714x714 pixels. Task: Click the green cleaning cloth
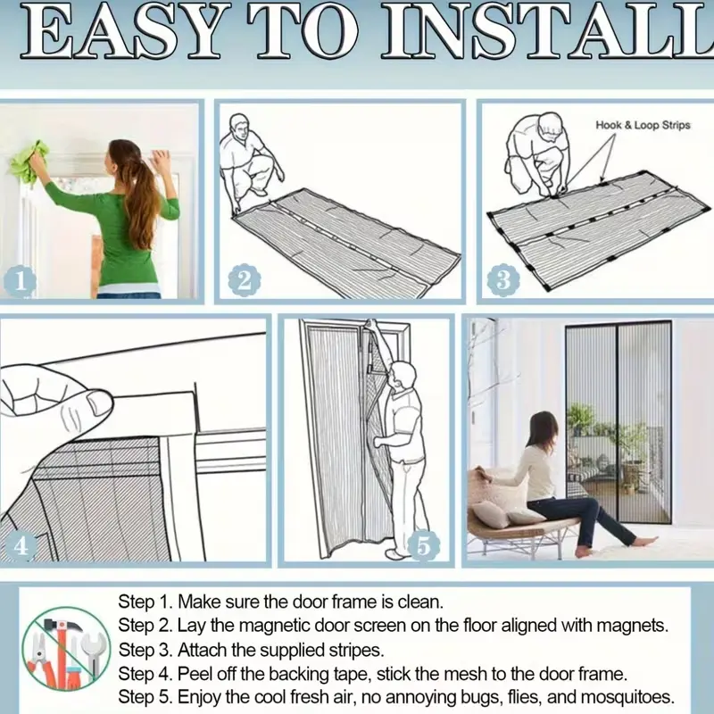click(x=29, y=162)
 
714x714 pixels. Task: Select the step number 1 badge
click(x=20, y=281)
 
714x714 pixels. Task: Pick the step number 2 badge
click(x=245, y=280)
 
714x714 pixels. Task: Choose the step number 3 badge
click(x=503, y=280)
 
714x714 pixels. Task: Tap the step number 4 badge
click(x=21, y=545)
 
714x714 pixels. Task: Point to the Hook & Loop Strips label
click(x=643, y=125)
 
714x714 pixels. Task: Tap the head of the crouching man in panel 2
click(x=239, y=128)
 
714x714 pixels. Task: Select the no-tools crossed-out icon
click(x=67, y=652)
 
